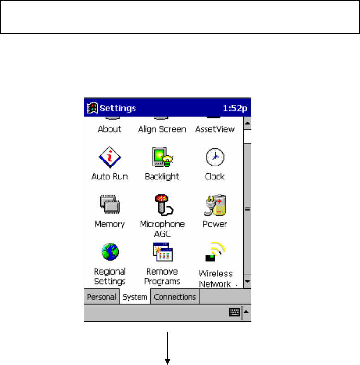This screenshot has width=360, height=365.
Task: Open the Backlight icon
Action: click(161, 157)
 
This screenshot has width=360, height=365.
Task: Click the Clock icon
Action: click(214, 157)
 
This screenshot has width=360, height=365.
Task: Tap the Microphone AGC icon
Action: click(162, 205)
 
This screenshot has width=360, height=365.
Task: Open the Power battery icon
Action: click(214, 205)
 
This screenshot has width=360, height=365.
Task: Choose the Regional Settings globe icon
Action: click(109, 253)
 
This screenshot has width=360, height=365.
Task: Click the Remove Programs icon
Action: click(162, 253)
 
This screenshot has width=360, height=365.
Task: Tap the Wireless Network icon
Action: click(215, 253)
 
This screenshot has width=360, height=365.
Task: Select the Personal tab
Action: click(101, 297)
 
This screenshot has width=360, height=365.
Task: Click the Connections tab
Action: click(175, 297)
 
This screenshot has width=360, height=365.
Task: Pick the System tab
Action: click(135, 297)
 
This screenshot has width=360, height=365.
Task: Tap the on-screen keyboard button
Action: click(235, 313)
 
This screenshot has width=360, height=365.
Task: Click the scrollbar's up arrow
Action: click(247, 124)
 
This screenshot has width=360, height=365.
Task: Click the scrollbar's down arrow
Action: click(247, 282)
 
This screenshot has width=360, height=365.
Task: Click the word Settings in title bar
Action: click(118, 108)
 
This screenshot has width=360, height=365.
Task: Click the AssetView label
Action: click(215, 129)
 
